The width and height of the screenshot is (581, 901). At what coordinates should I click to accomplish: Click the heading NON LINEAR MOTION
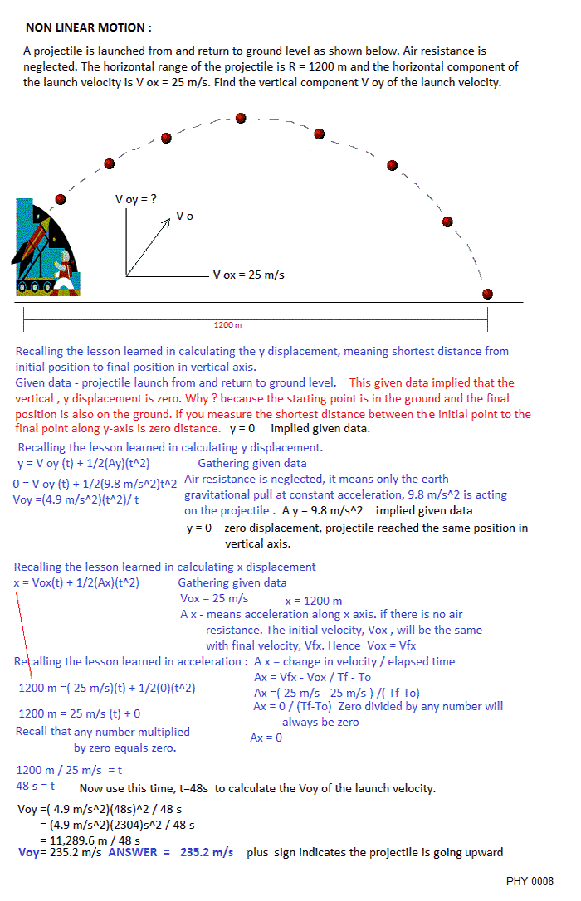88,27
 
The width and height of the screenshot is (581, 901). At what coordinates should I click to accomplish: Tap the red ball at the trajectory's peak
241,118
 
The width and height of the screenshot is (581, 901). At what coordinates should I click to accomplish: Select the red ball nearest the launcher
60,199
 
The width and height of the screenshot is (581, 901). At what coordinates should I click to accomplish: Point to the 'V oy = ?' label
136,199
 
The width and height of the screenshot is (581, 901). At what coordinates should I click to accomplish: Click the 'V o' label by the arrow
184,216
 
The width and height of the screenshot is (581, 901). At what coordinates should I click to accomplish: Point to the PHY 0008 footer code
530,881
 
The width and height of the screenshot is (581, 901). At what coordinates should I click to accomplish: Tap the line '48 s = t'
36,785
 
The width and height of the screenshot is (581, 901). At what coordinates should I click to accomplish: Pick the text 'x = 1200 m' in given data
313,601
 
